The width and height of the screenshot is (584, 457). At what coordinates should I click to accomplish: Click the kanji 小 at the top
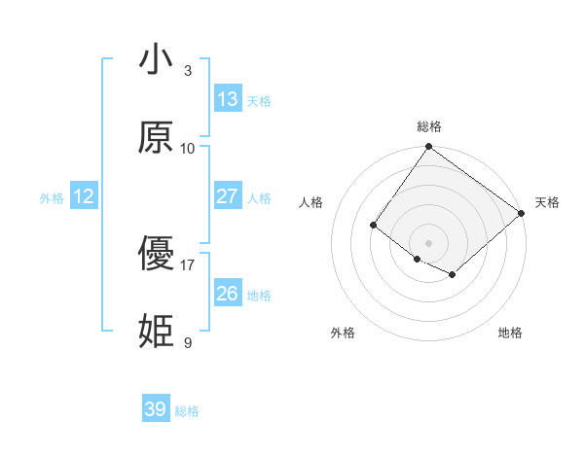click(157, 60)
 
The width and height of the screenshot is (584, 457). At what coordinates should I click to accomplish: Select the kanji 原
click(157, 138)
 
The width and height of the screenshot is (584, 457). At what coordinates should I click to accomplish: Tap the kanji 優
click(157, 255)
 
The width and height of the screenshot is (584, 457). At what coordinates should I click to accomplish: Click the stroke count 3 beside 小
click(188, 71)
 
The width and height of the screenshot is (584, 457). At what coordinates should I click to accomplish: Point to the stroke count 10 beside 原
click(188, 149)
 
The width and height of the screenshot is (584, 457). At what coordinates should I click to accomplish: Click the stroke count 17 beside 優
click(188, 264)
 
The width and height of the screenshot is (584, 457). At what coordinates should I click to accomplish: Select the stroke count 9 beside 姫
click(188, 342)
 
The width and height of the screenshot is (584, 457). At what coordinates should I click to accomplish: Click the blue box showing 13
click(228, 99)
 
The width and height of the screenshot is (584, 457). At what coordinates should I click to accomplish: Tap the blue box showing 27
click(228, 196)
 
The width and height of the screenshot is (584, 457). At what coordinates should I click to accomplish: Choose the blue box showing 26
click(228, 294)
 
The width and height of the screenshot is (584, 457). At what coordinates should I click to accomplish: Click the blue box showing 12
click(84, 196)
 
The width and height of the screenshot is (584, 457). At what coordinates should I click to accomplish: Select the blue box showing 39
click(156, 409)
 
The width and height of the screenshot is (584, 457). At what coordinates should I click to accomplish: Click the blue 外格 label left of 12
click(52, 198)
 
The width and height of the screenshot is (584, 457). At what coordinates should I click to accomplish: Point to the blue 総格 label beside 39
click(187, 411)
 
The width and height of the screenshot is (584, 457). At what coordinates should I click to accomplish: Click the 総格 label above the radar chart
click(428, 126)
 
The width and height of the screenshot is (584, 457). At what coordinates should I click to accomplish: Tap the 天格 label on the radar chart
click(547, 202)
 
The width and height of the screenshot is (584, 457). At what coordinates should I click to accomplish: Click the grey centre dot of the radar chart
click(428, 242)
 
